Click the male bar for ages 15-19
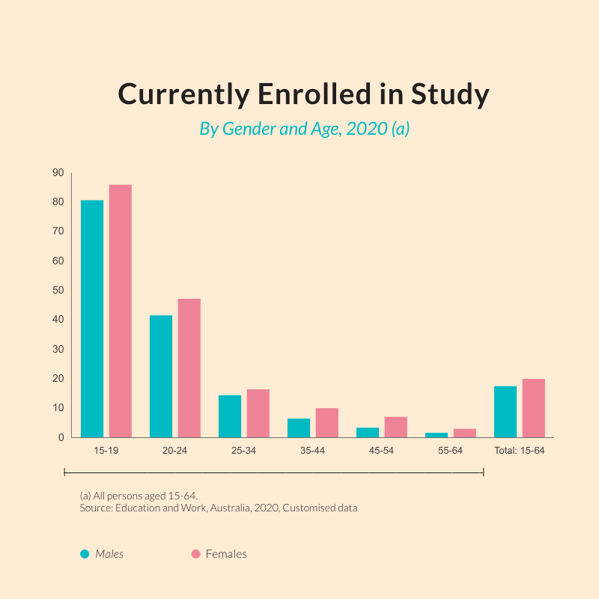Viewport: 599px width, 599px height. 92,318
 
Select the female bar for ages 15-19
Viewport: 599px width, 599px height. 120,311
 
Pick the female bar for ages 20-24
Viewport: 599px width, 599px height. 189,368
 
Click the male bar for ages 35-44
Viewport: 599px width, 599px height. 299,428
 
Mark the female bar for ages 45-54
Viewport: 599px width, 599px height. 395,427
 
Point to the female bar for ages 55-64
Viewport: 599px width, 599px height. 464,433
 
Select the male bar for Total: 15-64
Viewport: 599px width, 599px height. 505,412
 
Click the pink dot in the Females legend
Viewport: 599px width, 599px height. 195,554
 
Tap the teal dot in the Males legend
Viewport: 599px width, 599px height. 85,554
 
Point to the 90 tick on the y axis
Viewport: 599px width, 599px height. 58,173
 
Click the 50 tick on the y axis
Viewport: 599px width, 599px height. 58,291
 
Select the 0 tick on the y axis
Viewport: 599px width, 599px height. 61,437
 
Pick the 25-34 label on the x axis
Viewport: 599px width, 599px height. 244,451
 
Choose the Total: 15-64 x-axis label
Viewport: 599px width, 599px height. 519,451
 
